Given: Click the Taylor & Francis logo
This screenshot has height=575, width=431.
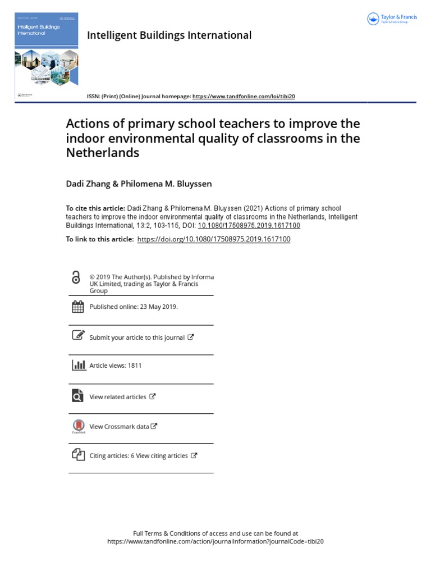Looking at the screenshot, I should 392,19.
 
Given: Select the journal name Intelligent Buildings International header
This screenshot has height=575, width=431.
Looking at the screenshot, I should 169,35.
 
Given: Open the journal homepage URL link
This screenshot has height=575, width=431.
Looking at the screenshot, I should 244,97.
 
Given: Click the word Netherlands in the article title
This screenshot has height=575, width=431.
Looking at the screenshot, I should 103,152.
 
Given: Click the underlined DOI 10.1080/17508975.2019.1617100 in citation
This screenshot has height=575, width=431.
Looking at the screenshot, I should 249,225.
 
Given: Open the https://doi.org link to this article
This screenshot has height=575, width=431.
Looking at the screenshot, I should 214,239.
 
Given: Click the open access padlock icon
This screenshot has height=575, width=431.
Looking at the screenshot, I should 76,277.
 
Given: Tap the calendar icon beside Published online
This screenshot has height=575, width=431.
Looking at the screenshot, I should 78,307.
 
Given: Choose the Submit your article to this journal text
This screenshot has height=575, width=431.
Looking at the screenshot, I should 137,337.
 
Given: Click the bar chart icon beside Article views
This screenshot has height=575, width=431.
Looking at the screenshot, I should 78,365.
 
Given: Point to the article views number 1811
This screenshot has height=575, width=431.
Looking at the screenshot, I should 135,366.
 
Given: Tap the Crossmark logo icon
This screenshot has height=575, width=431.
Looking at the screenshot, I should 78,426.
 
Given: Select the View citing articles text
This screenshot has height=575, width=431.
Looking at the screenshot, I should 162,456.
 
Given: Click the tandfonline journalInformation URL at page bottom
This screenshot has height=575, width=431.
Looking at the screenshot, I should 215,542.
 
